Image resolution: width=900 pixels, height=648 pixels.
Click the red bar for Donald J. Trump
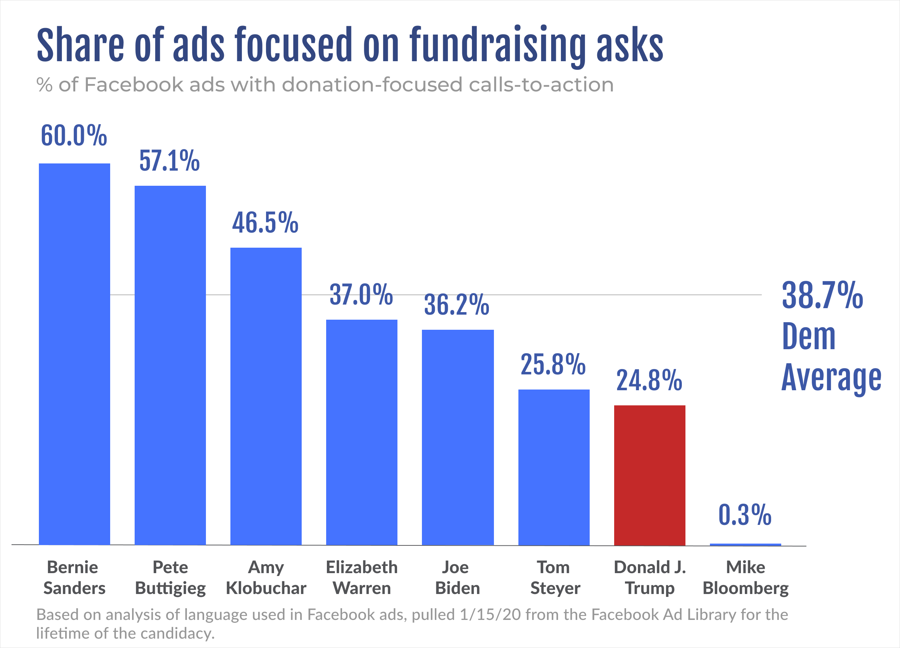coord(649,476)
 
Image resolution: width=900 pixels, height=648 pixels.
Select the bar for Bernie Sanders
coord(74,354)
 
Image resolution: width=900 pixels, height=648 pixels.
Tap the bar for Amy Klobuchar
coord(266,396)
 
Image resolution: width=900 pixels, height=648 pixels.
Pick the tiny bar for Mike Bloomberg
coord(745,544)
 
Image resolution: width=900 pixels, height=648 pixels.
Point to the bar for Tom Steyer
coord(554,467)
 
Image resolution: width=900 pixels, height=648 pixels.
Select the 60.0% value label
coord(74,136)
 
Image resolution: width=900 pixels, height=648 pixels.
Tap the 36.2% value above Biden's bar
coord(456,305)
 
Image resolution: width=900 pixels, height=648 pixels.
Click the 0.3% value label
coord(745,515)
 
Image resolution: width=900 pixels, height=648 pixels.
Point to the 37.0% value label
coord(361,295)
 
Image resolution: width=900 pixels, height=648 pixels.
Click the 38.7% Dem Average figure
coord(822,296)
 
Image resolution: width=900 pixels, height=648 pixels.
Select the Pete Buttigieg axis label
coord(170,578)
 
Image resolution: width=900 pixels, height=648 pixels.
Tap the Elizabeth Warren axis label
coord(361,578)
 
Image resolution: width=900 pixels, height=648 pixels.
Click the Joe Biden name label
coord(457,578)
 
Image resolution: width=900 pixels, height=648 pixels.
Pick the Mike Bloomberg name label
coord(746,578)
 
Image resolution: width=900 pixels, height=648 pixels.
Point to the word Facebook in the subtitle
coord(134,85)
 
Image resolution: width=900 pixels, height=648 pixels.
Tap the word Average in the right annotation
coord(831,378)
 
